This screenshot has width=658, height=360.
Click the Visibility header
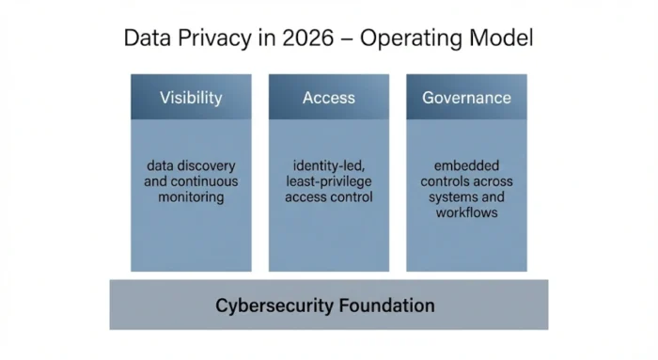coord(191,98)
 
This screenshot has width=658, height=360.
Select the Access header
coord(328,98)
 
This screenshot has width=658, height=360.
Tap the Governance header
coord(466,98)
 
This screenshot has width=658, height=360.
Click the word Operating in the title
coord(416,40)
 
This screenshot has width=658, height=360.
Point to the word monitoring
coord(192,197)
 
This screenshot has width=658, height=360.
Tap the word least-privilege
coord(328,182)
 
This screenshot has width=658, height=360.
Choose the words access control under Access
coord(328,197)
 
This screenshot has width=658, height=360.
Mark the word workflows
coord(466,213)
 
